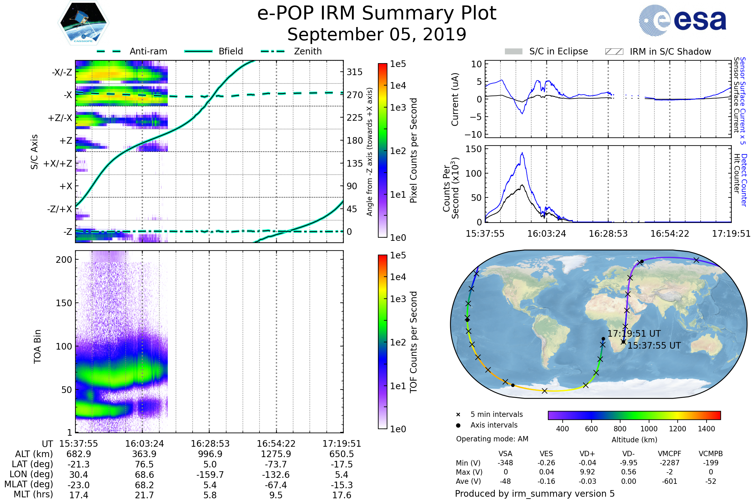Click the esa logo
(683, 20)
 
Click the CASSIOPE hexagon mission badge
(83, 22)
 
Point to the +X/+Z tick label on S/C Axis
(58, 163)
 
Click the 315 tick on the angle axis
(354, 72)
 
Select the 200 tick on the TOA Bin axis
(64, 260)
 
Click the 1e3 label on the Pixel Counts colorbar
(398, 108)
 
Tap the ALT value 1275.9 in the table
(276, 454)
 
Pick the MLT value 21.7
(144, 495)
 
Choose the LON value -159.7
(210, 474)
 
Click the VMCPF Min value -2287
(669, 462)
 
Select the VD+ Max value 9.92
(587, 472)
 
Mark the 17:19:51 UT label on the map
(634, 334)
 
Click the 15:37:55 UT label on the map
(654, 345)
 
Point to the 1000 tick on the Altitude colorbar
(648, 428)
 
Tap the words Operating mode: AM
(492, 439)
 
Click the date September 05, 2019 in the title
(377, 34)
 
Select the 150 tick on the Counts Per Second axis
(473, 149)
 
